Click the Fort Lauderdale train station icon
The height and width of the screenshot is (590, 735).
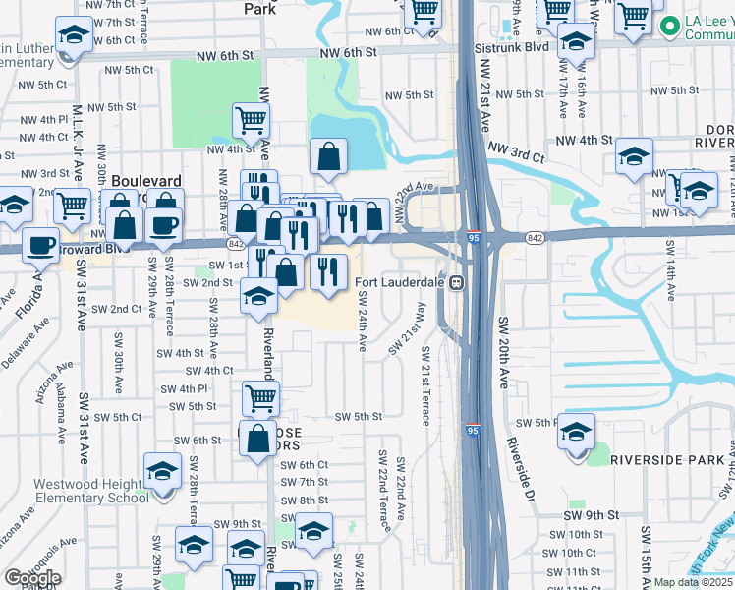(457, 283)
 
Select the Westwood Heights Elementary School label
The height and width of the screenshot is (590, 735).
(91, 491)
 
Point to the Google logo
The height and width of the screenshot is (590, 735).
(32, 578)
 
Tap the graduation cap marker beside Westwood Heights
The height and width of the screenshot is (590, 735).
(162, 471)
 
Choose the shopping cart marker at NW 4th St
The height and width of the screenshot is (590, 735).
(251, 120)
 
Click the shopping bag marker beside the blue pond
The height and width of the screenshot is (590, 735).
(328, 154)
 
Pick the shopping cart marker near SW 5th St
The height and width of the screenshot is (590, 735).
(260, 398)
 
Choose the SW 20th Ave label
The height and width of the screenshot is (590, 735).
(502, 352)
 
